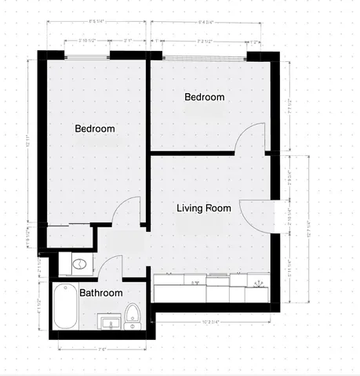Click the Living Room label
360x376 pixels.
pyautogui.click(x=203, y=208)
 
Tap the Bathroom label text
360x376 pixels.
pyautogui.click(x=101, y=293)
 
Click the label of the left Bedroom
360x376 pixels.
pyautogui.click(x=95, y=128)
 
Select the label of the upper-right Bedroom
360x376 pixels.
pyautogui.click(x=204, y=97)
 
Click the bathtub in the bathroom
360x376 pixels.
pyautogui.click(x=64, y=306)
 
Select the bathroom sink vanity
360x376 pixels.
pyautogui.click(x=110, y=322)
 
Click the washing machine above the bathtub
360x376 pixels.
pyautogui.click(x=80, y=264)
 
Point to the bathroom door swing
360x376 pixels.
pyautogui.click(x=111, y=267)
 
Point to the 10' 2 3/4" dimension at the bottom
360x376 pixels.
pyautogui.click(x=214, y=321)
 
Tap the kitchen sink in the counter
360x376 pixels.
pyautogui.click(x=196, y=283)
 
